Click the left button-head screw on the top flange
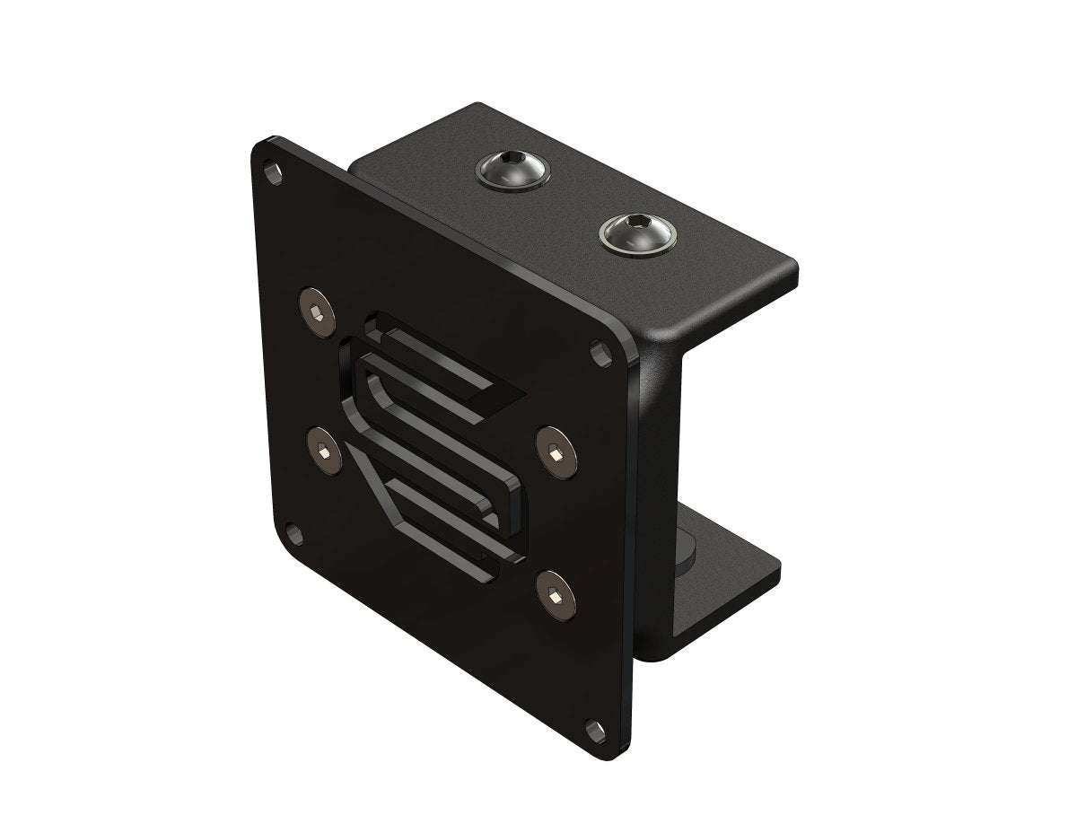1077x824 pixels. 512,169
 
